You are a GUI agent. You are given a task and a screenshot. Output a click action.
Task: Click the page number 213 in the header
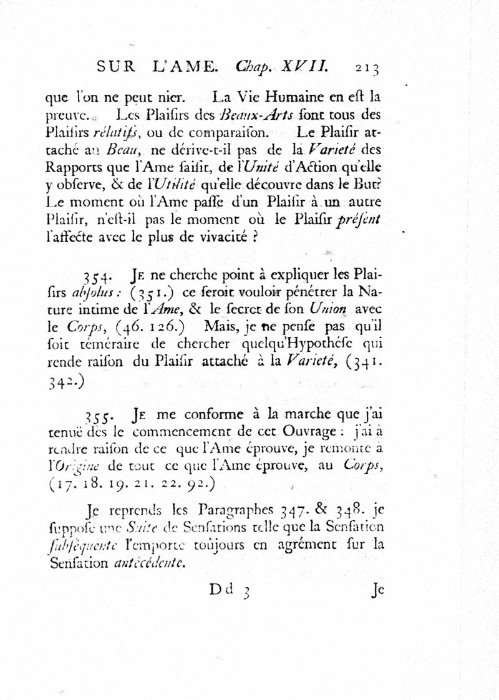click(x=367, y=67)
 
